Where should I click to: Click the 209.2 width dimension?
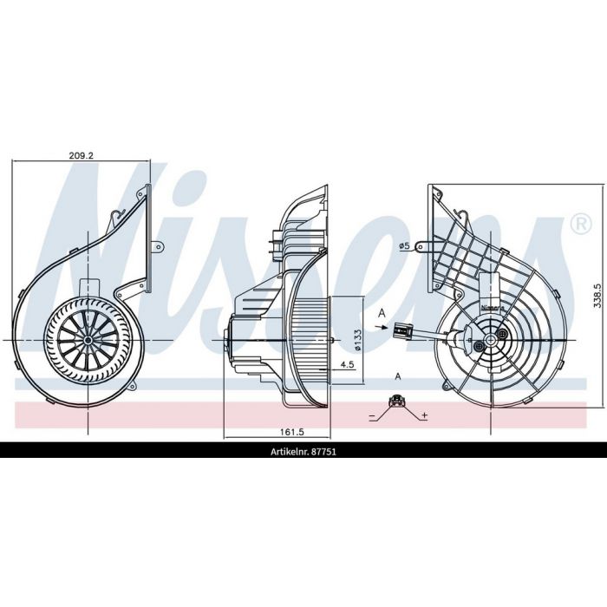pos(82,155)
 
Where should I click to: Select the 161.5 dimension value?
pos(292,432)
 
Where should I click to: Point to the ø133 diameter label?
pos(357,341)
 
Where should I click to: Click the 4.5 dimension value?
pos(347,364)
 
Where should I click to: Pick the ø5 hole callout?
pos(404,245)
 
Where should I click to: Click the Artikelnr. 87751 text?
pos(303,452)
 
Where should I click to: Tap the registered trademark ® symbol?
pos(581,225)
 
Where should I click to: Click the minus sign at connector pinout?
pos(372,417)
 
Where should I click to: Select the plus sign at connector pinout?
pos(425,415)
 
